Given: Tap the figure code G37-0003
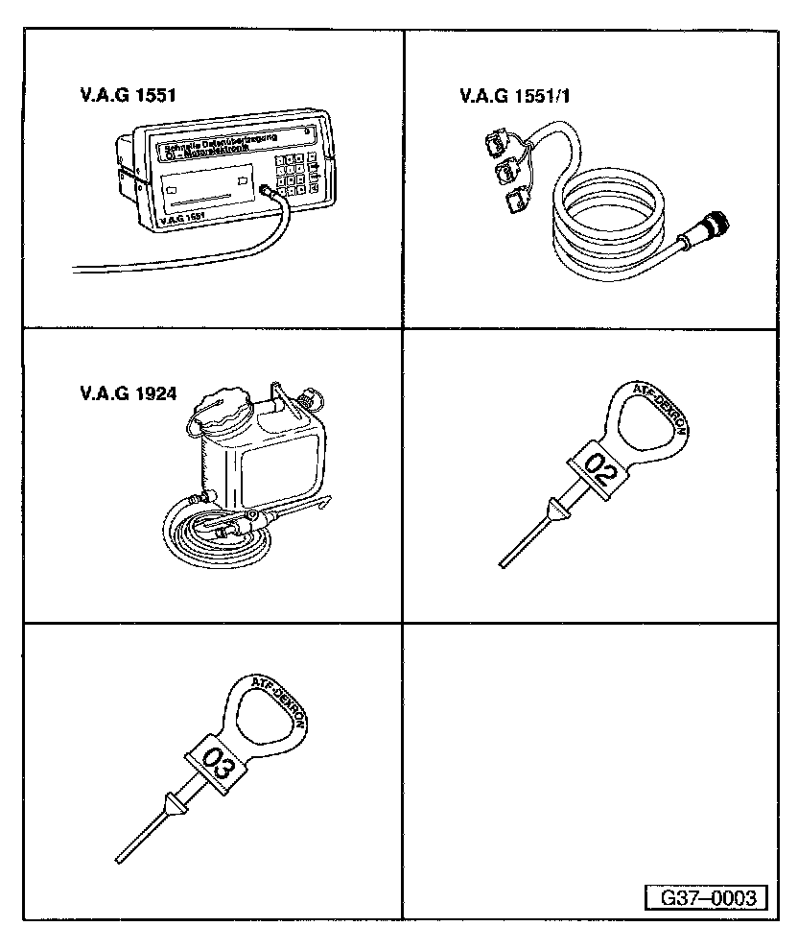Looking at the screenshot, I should (708, 898).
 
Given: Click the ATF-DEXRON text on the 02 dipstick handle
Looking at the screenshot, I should (663, 408).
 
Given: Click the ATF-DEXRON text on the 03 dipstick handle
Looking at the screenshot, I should (280, 700).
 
